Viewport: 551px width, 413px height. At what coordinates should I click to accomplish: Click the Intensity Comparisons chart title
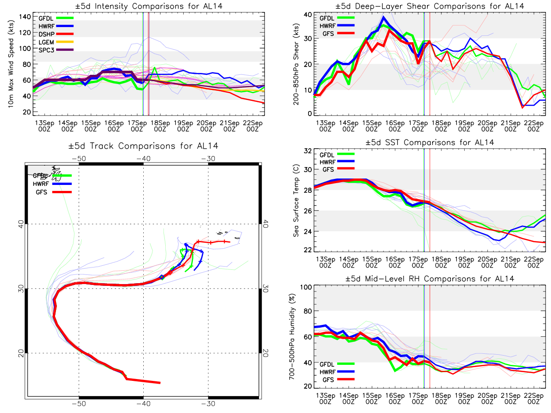(x=149, y=6)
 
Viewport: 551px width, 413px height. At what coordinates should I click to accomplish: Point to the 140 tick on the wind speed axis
(x=25, y=17)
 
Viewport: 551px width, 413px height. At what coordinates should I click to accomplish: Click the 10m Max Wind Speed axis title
(x=11, y=64)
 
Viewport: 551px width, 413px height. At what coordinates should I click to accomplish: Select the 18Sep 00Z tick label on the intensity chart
(x=160, y=126)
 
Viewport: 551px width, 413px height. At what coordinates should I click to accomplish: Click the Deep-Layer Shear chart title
(x=430, y=6)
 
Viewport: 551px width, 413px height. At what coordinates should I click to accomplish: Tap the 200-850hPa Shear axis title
(x=296, y=64)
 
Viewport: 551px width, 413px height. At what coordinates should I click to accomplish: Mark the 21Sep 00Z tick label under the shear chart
(x=510, y=126)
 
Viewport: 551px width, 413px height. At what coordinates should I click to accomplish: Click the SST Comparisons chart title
(x=430, y=142)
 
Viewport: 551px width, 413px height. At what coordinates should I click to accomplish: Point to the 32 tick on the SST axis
(x=308, y=151)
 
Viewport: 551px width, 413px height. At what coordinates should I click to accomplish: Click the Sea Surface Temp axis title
(x=296, y=201)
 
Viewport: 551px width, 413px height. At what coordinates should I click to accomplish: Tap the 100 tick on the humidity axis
(x=306, y=287)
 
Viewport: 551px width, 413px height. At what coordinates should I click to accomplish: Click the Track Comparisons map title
(x=143, y=146)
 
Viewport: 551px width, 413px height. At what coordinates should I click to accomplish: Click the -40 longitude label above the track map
(x=144, y=158)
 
